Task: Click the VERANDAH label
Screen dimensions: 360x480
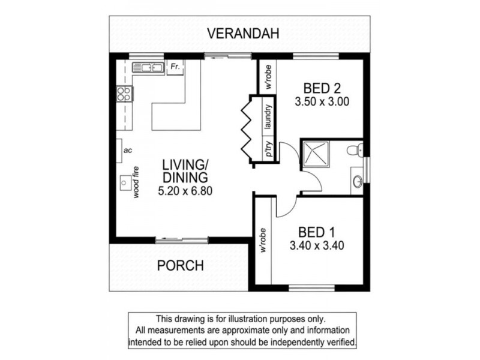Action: point(244,34)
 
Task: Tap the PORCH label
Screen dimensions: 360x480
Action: point(180,265)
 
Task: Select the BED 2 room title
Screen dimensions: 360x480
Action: point(322,88)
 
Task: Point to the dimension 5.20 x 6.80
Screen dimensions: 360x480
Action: point(185,191)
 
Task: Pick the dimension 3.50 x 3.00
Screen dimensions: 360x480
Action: point(322,102)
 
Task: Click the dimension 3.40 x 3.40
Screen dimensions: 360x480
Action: point(316,245)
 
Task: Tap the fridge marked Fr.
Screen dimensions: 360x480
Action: point(175,67)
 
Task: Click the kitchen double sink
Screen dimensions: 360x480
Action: point(148,67)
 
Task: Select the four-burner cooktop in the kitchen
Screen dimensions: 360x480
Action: point(124,93)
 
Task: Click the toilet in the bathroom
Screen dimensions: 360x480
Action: point(358,150)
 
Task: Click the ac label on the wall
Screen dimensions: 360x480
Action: point(127,150)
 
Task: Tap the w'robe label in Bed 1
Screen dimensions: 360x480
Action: point(263,240)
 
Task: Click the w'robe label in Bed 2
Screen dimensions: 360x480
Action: point(269,77)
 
